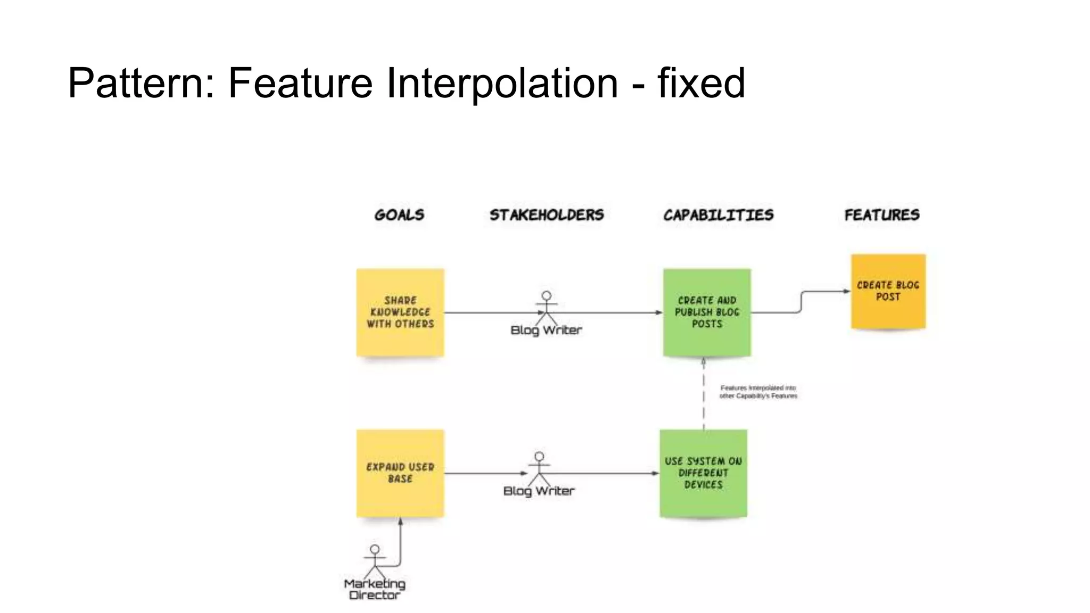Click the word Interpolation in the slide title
coord(502,84)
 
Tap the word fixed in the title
coord(701,84)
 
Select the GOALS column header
coord(399,215)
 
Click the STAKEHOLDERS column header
coord(547,215)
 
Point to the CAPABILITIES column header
coord(718,215)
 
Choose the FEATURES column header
coord(882,215)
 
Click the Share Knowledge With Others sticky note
coord(400,312)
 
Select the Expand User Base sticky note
coord(400,473)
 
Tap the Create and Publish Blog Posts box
coord(707,312)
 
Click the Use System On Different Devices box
coord(703,473)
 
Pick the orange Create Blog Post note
coord(888,292)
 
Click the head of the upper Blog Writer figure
coord(547,296)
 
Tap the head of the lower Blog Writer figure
coord(539,457)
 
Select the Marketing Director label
coord(375,590)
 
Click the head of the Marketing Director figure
coord(375,549)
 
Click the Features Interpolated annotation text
coord(758,392)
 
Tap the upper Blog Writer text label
coord(546,330)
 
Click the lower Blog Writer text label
coord(539,491)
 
